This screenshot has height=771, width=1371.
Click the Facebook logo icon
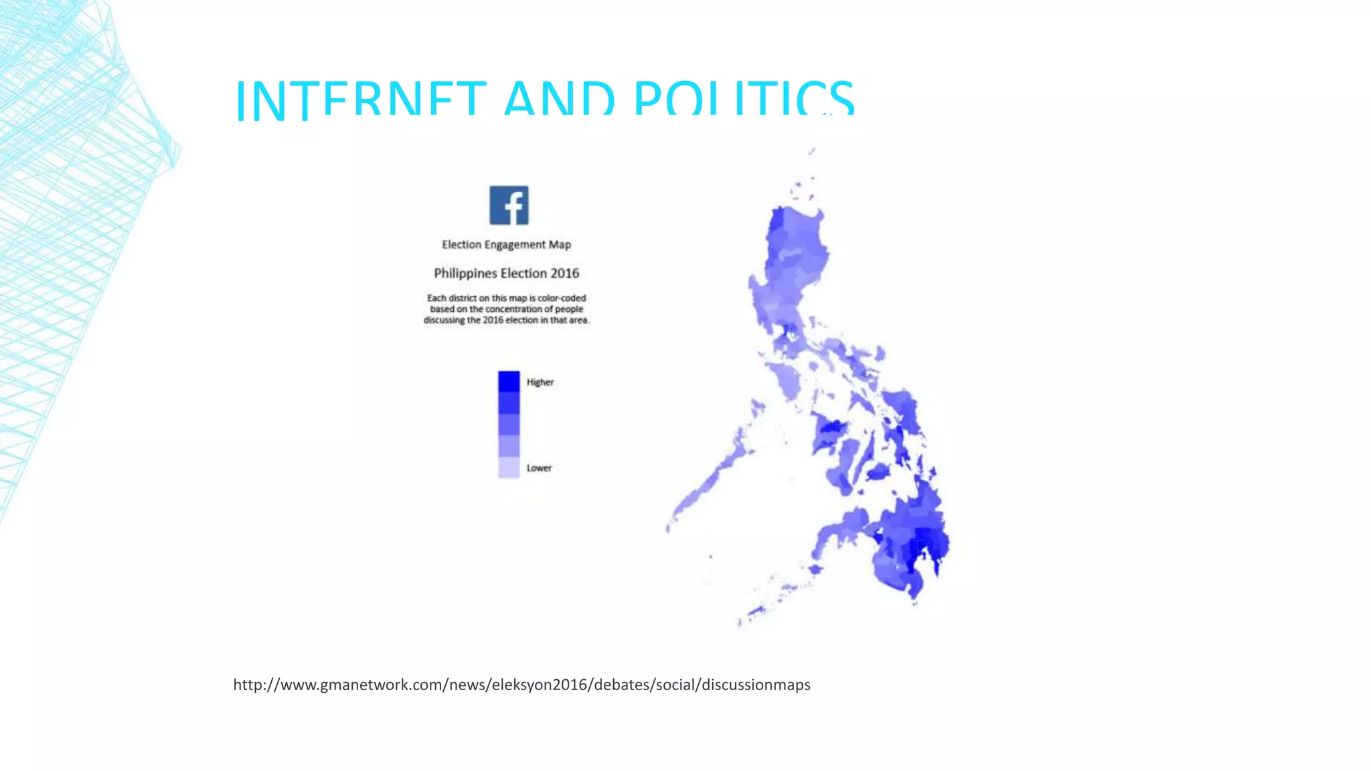point(509,205)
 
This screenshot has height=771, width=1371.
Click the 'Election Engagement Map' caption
point(506,245)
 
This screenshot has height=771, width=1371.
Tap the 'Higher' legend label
point(540,382)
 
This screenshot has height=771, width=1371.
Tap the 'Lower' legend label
point(539,468)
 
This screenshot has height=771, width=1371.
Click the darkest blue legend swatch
point(509,381)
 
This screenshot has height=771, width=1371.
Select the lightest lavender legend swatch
point(509,467)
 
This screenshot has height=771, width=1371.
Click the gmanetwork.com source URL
point(521,685)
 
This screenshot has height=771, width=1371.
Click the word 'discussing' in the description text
point(443,320)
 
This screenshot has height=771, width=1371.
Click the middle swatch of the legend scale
point(509,424)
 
